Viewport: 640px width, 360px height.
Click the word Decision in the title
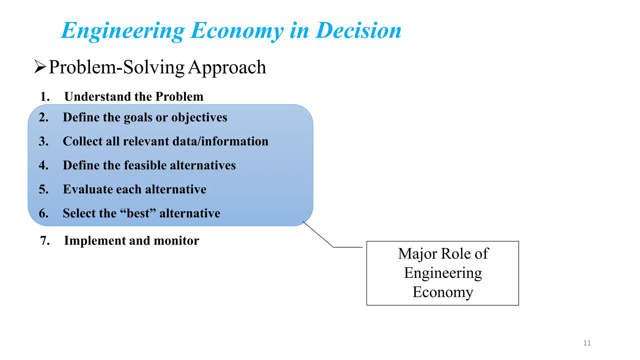[x=358, y=31]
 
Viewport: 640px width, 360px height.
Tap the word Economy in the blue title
[x=237, y=31]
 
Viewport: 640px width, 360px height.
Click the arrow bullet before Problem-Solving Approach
[x=40, y=67]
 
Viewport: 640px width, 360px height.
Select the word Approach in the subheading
[x=227, y=67]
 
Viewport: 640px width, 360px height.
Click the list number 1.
[x=45, y=97]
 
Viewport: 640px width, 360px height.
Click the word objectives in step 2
[x=199, y=117]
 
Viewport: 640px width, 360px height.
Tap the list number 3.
[x=43, y=141]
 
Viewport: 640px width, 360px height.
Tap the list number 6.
[x=43, y=213]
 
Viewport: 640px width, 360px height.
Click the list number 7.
[x=45, y=241]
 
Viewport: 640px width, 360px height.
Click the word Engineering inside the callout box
[x=443, y=273]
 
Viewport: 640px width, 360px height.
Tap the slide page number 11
[x=587, y=343]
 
